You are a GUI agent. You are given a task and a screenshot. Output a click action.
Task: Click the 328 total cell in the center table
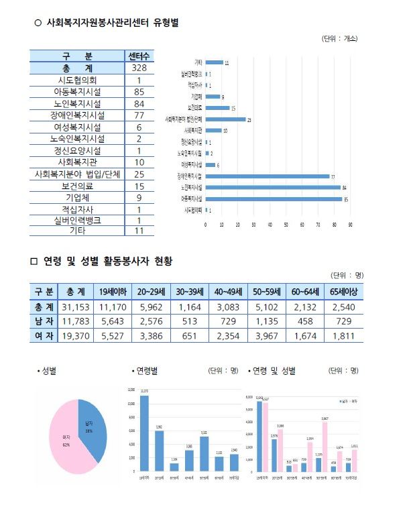(x=139, y=68)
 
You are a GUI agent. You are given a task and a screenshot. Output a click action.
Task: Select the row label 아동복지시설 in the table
(x=78, y=92)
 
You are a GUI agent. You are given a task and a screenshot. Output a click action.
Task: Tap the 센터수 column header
(x=139, y=56)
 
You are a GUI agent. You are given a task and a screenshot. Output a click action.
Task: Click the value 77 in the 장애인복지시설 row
(x=139, y=115)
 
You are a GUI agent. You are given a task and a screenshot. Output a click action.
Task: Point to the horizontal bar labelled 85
(x=273, y=199)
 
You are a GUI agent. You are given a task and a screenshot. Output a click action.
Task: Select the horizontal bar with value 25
(x=225, y=119)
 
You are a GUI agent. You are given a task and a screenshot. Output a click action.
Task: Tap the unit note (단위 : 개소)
(x=341, y=40)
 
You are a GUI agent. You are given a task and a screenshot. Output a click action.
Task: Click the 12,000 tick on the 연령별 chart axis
(x=131, y=390)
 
